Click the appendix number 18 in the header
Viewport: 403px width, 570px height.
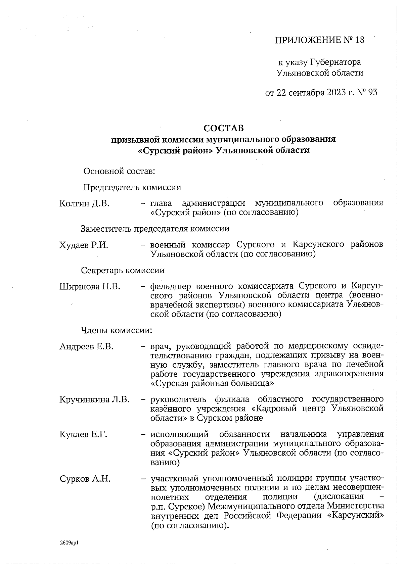(359, 41)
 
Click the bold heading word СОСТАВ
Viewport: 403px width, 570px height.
(224, 128)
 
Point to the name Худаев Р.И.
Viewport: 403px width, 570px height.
(84, 245)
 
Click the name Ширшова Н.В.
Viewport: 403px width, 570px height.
(90, 287)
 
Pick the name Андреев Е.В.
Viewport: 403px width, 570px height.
(86, 346)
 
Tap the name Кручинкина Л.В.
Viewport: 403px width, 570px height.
(94, 400)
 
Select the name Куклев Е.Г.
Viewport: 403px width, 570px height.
(83, 435)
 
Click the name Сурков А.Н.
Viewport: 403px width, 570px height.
(85, 479)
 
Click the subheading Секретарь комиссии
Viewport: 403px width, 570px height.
(123, 270)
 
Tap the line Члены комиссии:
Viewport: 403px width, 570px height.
(117, 330)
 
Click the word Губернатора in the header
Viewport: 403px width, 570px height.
(335, 62)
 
